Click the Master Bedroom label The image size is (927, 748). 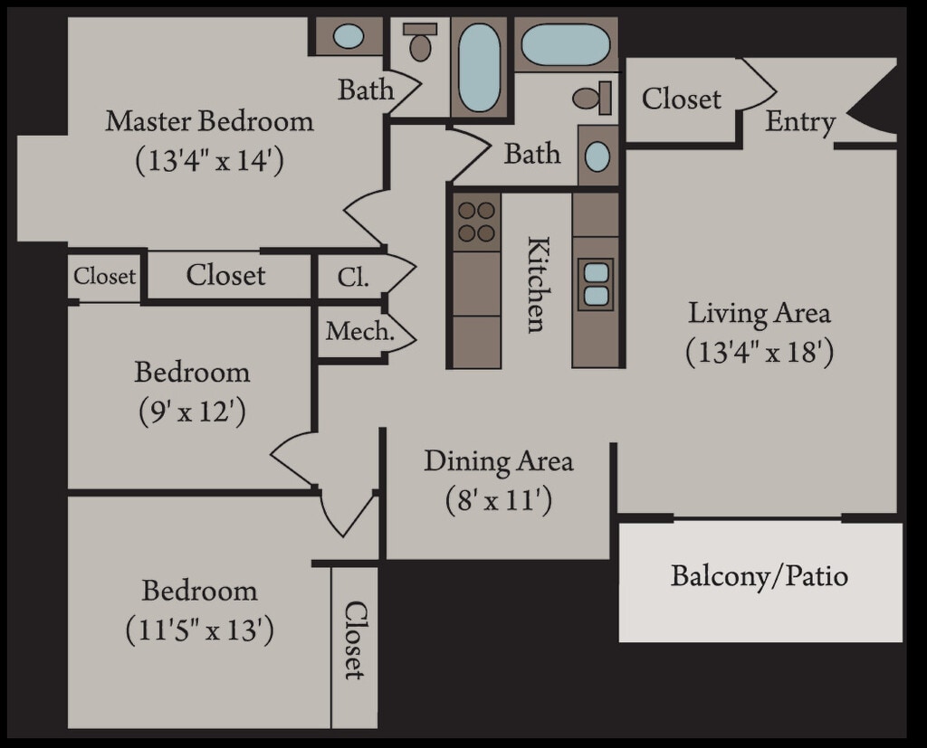[x=209, y=121]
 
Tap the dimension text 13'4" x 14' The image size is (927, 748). [x=209, y=161]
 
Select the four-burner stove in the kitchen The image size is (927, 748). [x=476, y=222]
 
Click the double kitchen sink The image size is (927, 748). [x=596, y=284]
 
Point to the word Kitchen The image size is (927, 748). [x=537, y=284]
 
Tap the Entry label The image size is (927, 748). [x=799, y=122]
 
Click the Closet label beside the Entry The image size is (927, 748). [x=682, y=99]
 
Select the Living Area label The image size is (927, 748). [x=759, y=314]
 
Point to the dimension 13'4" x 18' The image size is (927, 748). [x=759, y=351]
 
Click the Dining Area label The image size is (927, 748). [x=499, y=461]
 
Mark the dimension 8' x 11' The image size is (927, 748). [x=499, y=500]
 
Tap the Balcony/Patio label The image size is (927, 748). [x=759, y=576]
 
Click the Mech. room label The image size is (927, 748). [x=359, y=331]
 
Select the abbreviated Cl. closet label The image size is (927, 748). [x=353, y=278]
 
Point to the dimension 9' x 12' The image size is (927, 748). [x=192, y=412]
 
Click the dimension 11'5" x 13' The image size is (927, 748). [x=199, y=630]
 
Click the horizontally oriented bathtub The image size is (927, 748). [x=566, y=44]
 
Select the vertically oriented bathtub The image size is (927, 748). [x=479, y=68]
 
